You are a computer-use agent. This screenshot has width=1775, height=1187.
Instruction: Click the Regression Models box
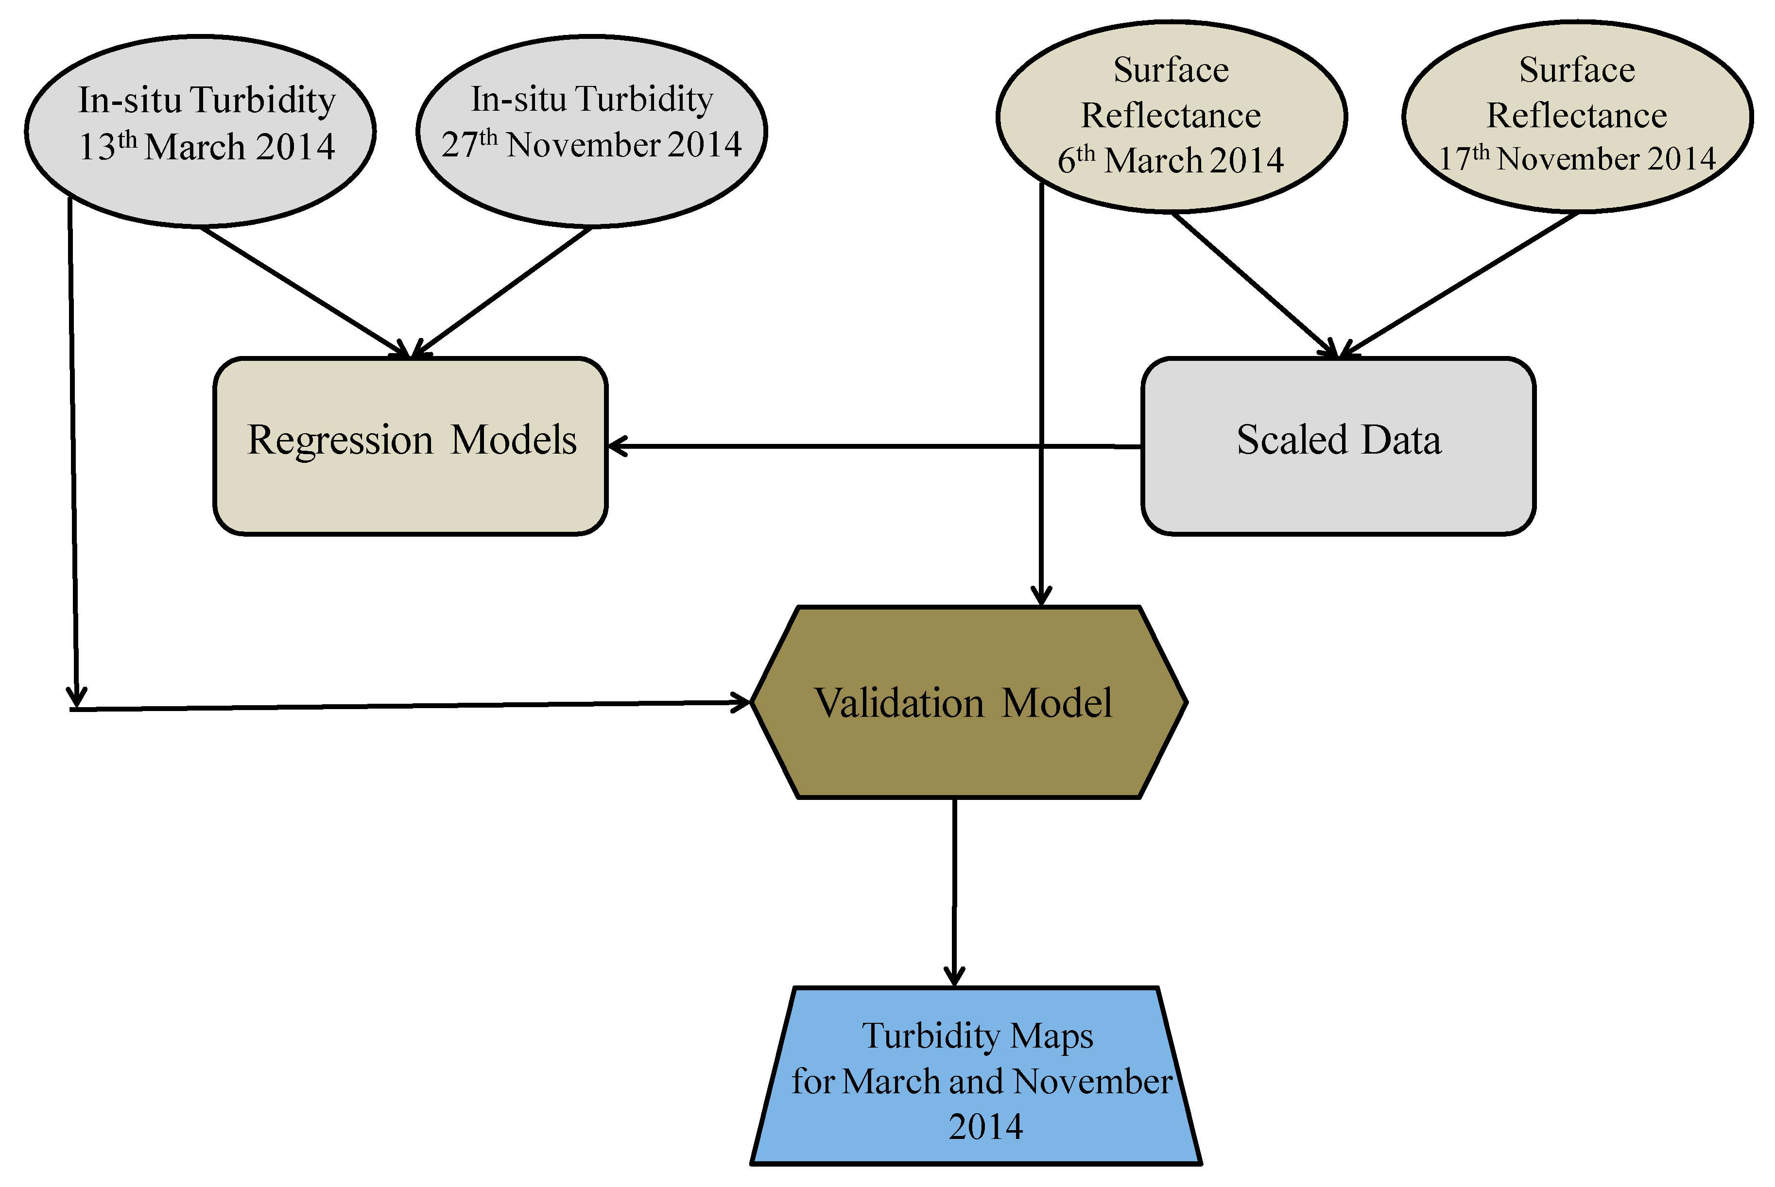click(x=411, y=492)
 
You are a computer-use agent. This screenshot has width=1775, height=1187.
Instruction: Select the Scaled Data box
click(x=1338, y=492)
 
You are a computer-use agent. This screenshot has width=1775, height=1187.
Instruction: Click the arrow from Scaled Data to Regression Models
click(x=871, y=447)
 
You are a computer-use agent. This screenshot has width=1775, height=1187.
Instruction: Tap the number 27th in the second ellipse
click(x=468, y=144)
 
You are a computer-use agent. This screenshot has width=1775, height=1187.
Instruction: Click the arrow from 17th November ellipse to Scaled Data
click(x=1462, y=284)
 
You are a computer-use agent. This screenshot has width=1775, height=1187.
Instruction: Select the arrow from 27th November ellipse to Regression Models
click(x=503, y=291)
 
